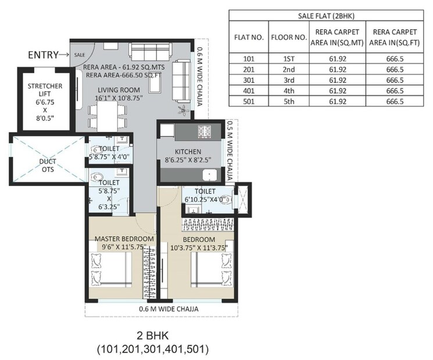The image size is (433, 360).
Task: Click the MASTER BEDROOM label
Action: [x=124, y=239]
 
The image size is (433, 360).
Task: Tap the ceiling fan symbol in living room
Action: [x=183, y=109]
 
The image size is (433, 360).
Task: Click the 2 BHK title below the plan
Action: [x=152, y=336]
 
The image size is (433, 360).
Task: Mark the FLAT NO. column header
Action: [x=249, y=37]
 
